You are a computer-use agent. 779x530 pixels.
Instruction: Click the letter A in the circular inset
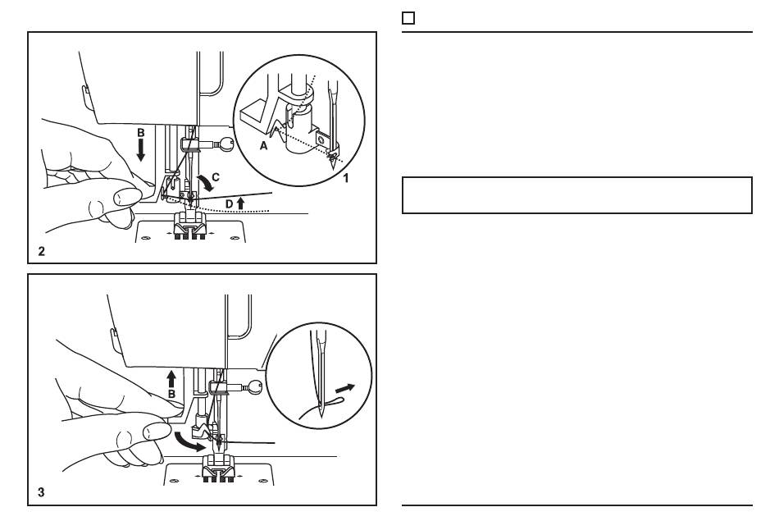pyautogui.click(x=264, y=146)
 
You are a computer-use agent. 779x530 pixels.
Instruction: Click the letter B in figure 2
pyautogui.click(x=140, y=133)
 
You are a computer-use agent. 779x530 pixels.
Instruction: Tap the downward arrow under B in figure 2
pyautogui.click(x=140, y=149)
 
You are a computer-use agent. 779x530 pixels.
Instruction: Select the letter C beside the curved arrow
pyautogui.click(x=216, y=177)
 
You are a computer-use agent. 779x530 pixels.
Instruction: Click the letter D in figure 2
pyautogui.click(x=229, y=203)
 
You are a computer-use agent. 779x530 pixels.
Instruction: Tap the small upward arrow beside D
pyautogui.click(x=241, y=203)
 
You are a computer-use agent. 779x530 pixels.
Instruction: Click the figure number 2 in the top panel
pyautogui.click(x=41, y=252)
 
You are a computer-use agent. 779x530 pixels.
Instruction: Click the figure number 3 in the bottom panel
pyautogui.click(x=41, y=492)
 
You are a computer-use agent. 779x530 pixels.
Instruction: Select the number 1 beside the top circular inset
pyautogui.click(x=346, y=177)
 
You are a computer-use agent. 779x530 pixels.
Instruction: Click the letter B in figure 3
pyautogui.click(x=171, y=395)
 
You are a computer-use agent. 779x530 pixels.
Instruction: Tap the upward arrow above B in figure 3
pyautogui.click(x=171, y=379)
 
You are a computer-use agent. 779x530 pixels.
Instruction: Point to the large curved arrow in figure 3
pyautogui.click(x=189, y=442)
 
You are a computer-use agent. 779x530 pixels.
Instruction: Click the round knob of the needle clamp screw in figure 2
pyautogui.click(x=227, y=144)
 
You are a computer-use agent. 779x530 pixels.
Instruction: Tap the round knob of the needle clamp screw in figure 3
pyautogui.click(x=255, y=386)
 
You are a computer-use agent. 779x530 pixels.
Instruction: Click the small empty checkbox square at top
pyautogui.click(x=408, y=18)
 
